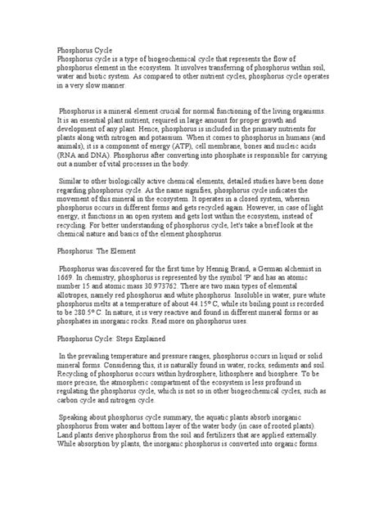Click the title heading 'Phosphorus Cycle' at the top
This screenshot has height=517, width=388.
coord(88,51)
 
